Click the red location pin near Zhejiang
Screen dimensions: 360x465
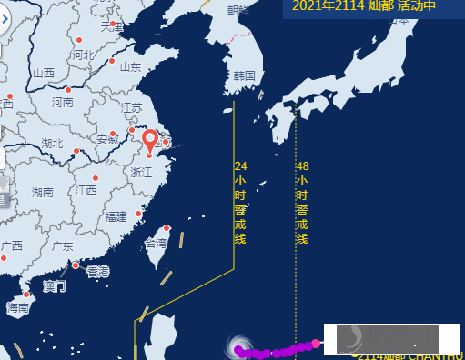click(150, 143)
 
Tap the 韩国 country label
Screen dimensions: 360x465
click(243, 75)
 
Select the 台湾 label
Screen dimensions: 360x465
click(156, 244)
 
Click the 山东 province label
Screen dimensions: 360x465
click(130, 66)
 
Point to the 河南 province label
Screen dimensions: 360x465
click(62, 103)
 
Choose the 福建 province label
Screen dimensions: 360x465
click(116, 216)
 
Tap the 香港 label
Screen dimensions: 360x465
click(97, 272)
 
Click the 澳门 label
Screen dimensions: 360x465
click(55, 286)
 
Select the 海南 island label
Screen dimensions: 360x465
click(18, 308)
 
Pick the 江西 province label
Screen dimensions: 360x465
click(86, 191)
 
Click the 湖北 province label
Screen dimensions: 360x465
click(52, 144)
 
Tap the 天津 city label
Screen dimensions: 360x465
click(111, 26)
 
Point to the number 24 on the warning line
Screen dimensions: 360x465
click(240, 166)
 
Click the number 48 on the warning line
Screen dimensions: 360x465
click(302, 166)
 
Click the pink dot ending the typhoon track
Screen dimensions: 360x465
click(316, 343)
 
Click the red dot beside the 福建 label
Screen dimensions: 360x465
click(138, 214)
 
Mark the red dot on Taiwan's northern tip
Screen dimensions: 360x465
click(167, 228)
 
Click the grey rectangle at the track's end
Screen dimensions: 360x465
click(387, 339)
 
